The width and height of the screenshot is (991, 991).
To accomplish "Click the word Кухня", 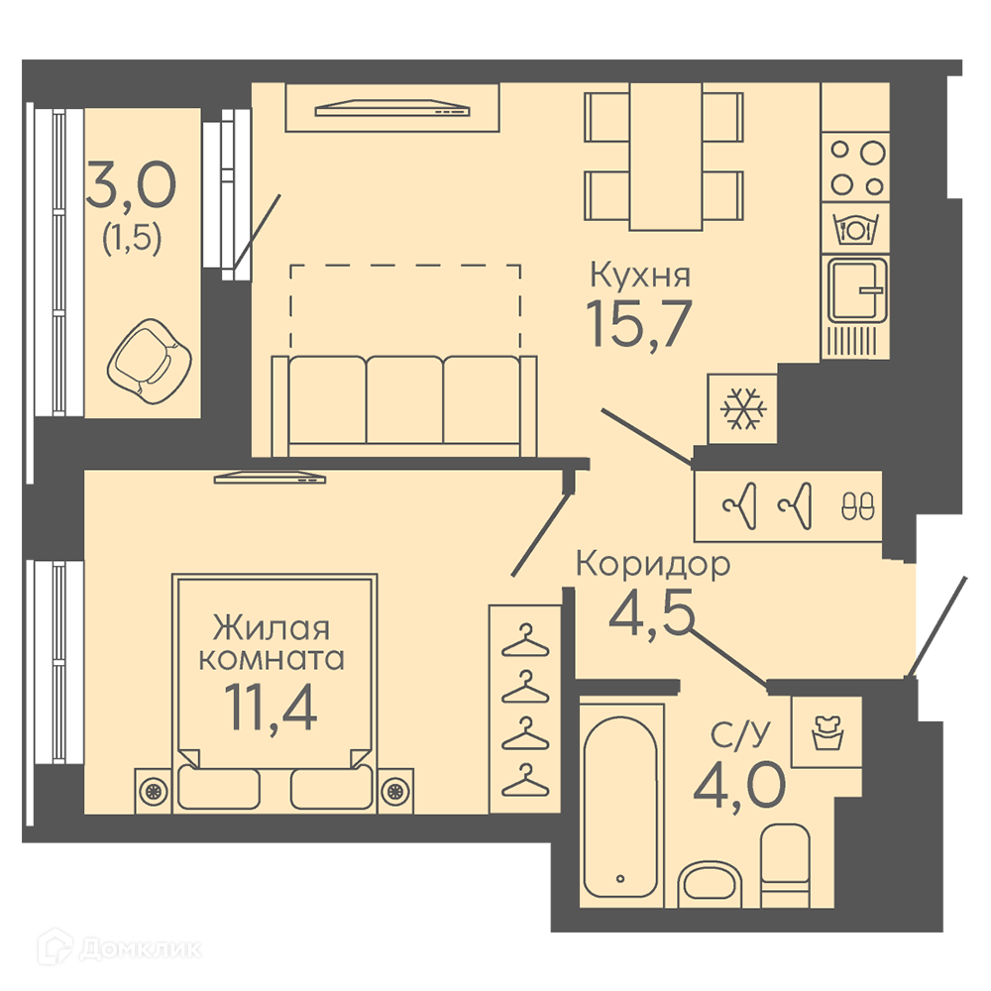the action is coord(640,275).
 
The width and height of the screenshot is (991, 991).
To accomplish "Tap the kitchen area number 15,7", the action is coord(639,324).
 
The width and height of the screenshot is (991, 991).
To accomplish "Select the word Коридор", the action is coord(653,565).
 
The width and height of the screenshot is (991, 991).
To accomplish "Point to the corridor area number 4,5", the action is coord(651,611).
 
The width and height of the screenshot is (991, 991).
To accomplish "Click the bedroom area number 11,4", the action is coord(271,707).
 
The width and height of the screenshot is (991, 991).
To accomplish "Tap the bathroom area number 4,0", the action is coord(739,786).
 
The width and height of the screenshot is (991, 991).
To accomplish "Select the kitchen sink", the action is coord(857,290).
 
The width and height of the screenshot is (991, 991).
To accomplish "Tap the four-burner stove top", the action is coord(856,167).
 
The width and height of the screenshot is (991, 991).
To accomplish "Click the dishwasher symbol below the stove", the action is coord(855,228).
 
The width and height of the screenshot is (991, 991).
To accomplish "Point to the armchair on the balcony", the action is coord(150,362).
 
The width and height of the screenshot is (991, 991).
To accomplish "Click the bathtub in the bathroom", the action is coord(620,807).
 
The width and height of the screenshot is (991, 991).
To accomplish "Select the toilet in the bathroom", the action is coord(785,865).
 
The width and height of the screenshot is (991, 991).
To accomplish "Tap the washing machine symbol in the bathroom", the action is coord(827,732).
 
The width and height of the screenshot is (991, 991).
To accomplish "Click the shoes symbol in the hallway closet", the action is coord(858,505).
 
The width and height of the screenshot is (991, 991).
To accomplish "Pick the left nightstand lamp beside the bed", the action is coord(154,790).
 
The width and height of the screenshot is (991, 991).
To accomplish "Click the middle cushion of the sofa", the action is coord(404,399).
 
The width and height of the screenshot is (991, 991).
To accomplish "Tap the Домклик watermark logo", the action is coord(120,948).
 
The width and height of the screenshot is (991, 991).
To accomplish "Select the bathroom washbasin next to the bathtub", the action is coord(710,882).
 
